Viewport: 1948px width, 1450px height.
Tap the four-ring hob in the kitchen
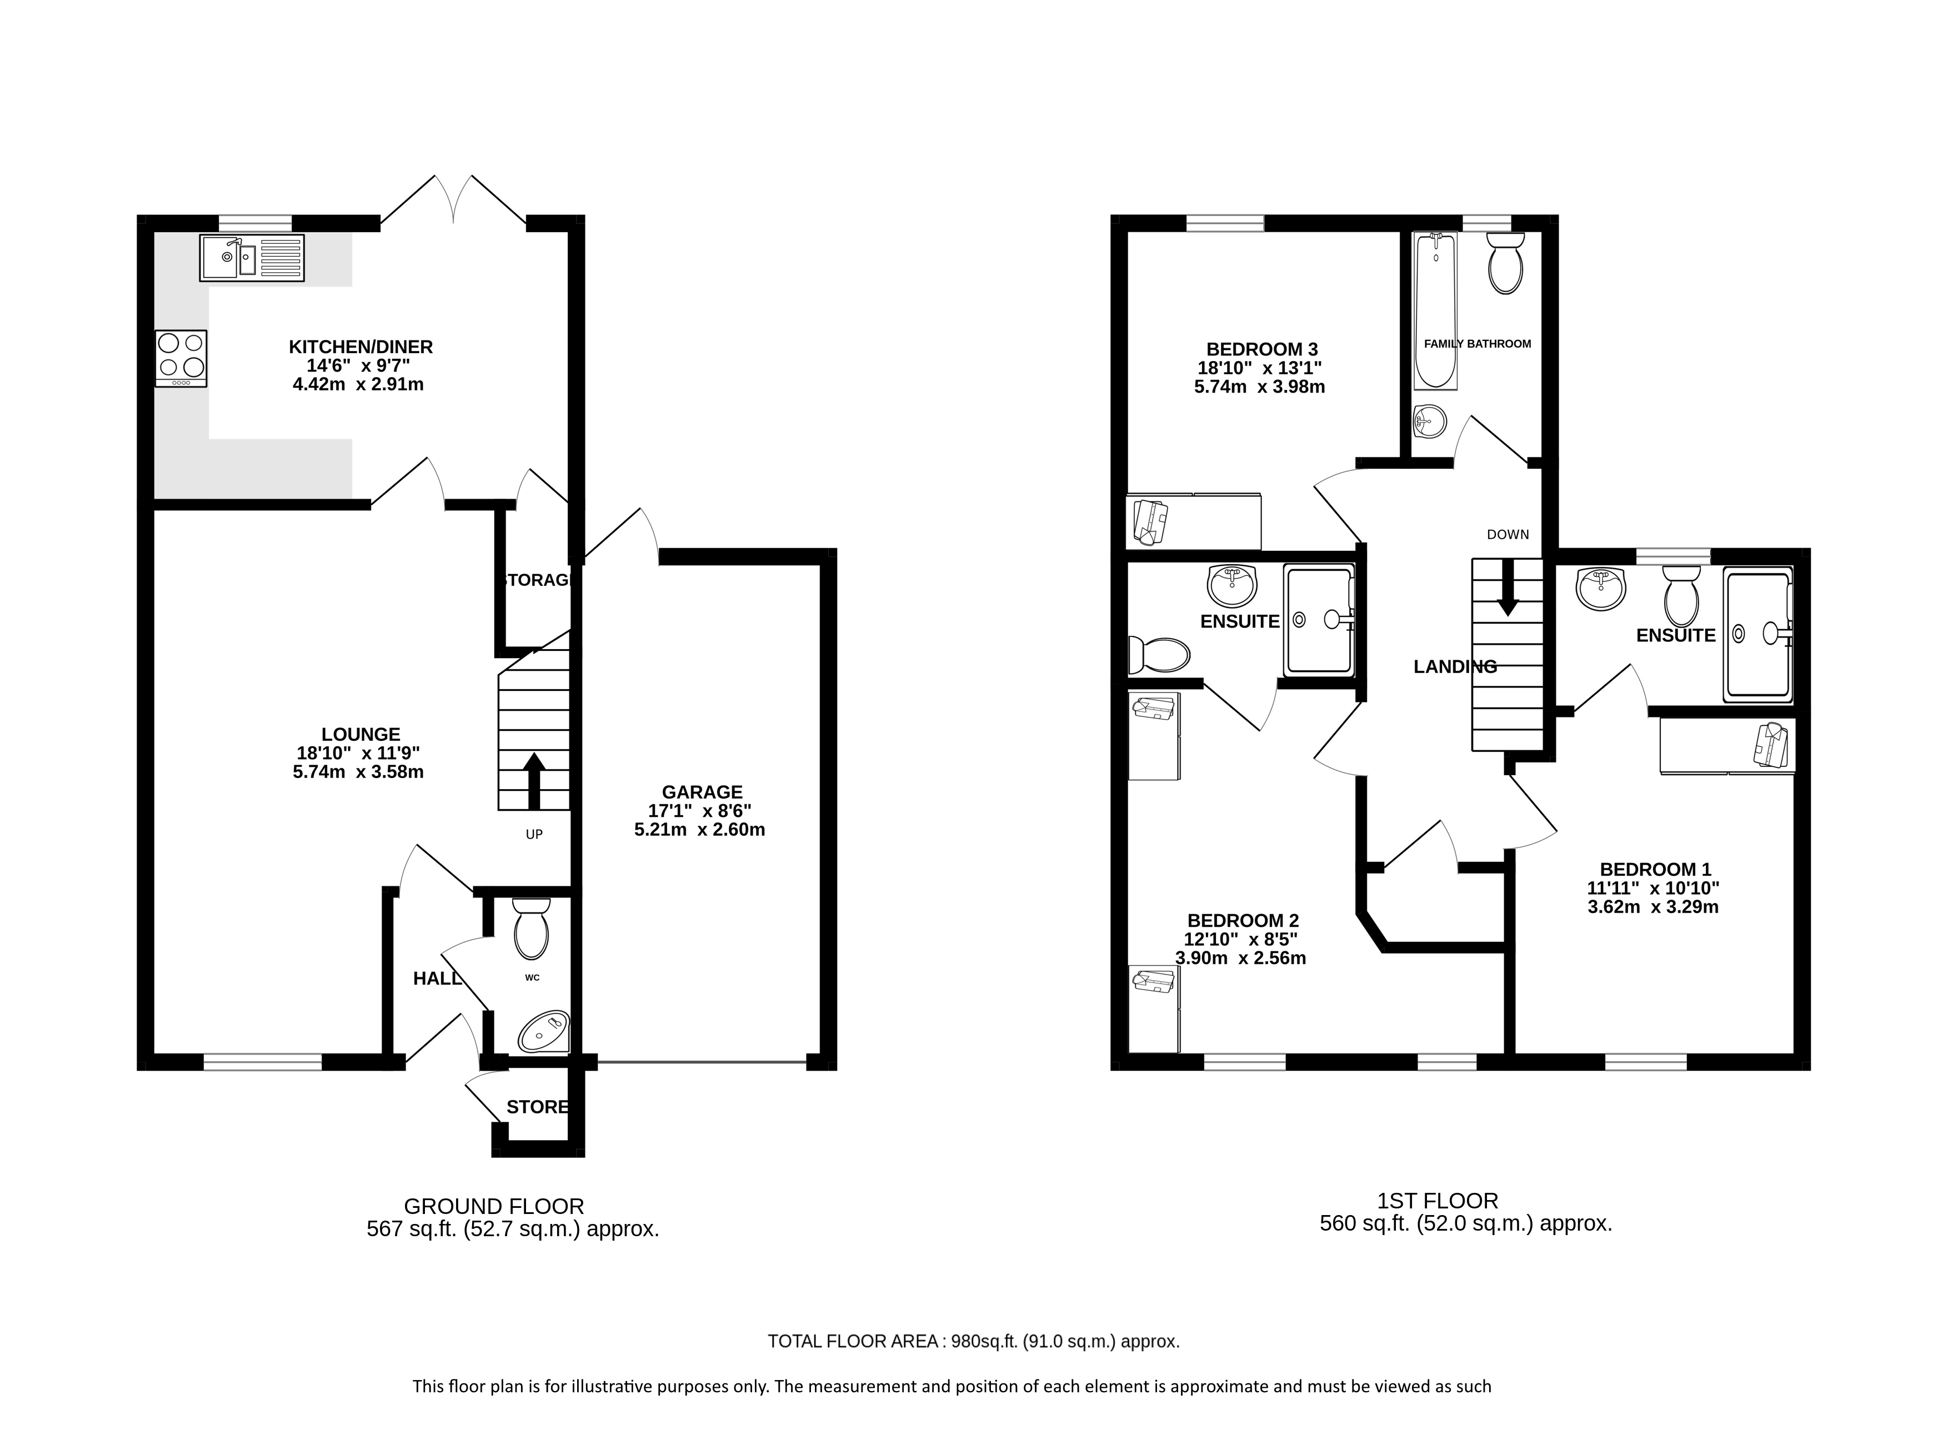point(181,358)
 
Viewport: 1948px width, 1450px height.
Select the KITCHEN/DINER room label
point(361,348)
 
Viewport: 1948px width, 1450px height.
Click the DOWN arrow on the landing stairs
point(1508,586)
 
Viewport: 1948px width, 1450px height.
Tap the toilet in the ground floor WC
point(531,929)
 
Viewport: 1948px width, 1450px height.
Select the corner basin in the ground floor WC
point(545,1031)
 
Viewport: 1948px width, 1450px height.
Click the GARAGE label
point(702,792)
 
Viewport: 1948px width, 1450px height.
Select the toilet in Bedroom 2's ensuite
point(1159,654)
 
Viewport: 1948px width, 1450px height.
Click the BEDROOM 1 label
point(1654,870)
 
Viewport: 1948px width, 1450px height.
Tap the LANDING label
point(1455,667)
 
